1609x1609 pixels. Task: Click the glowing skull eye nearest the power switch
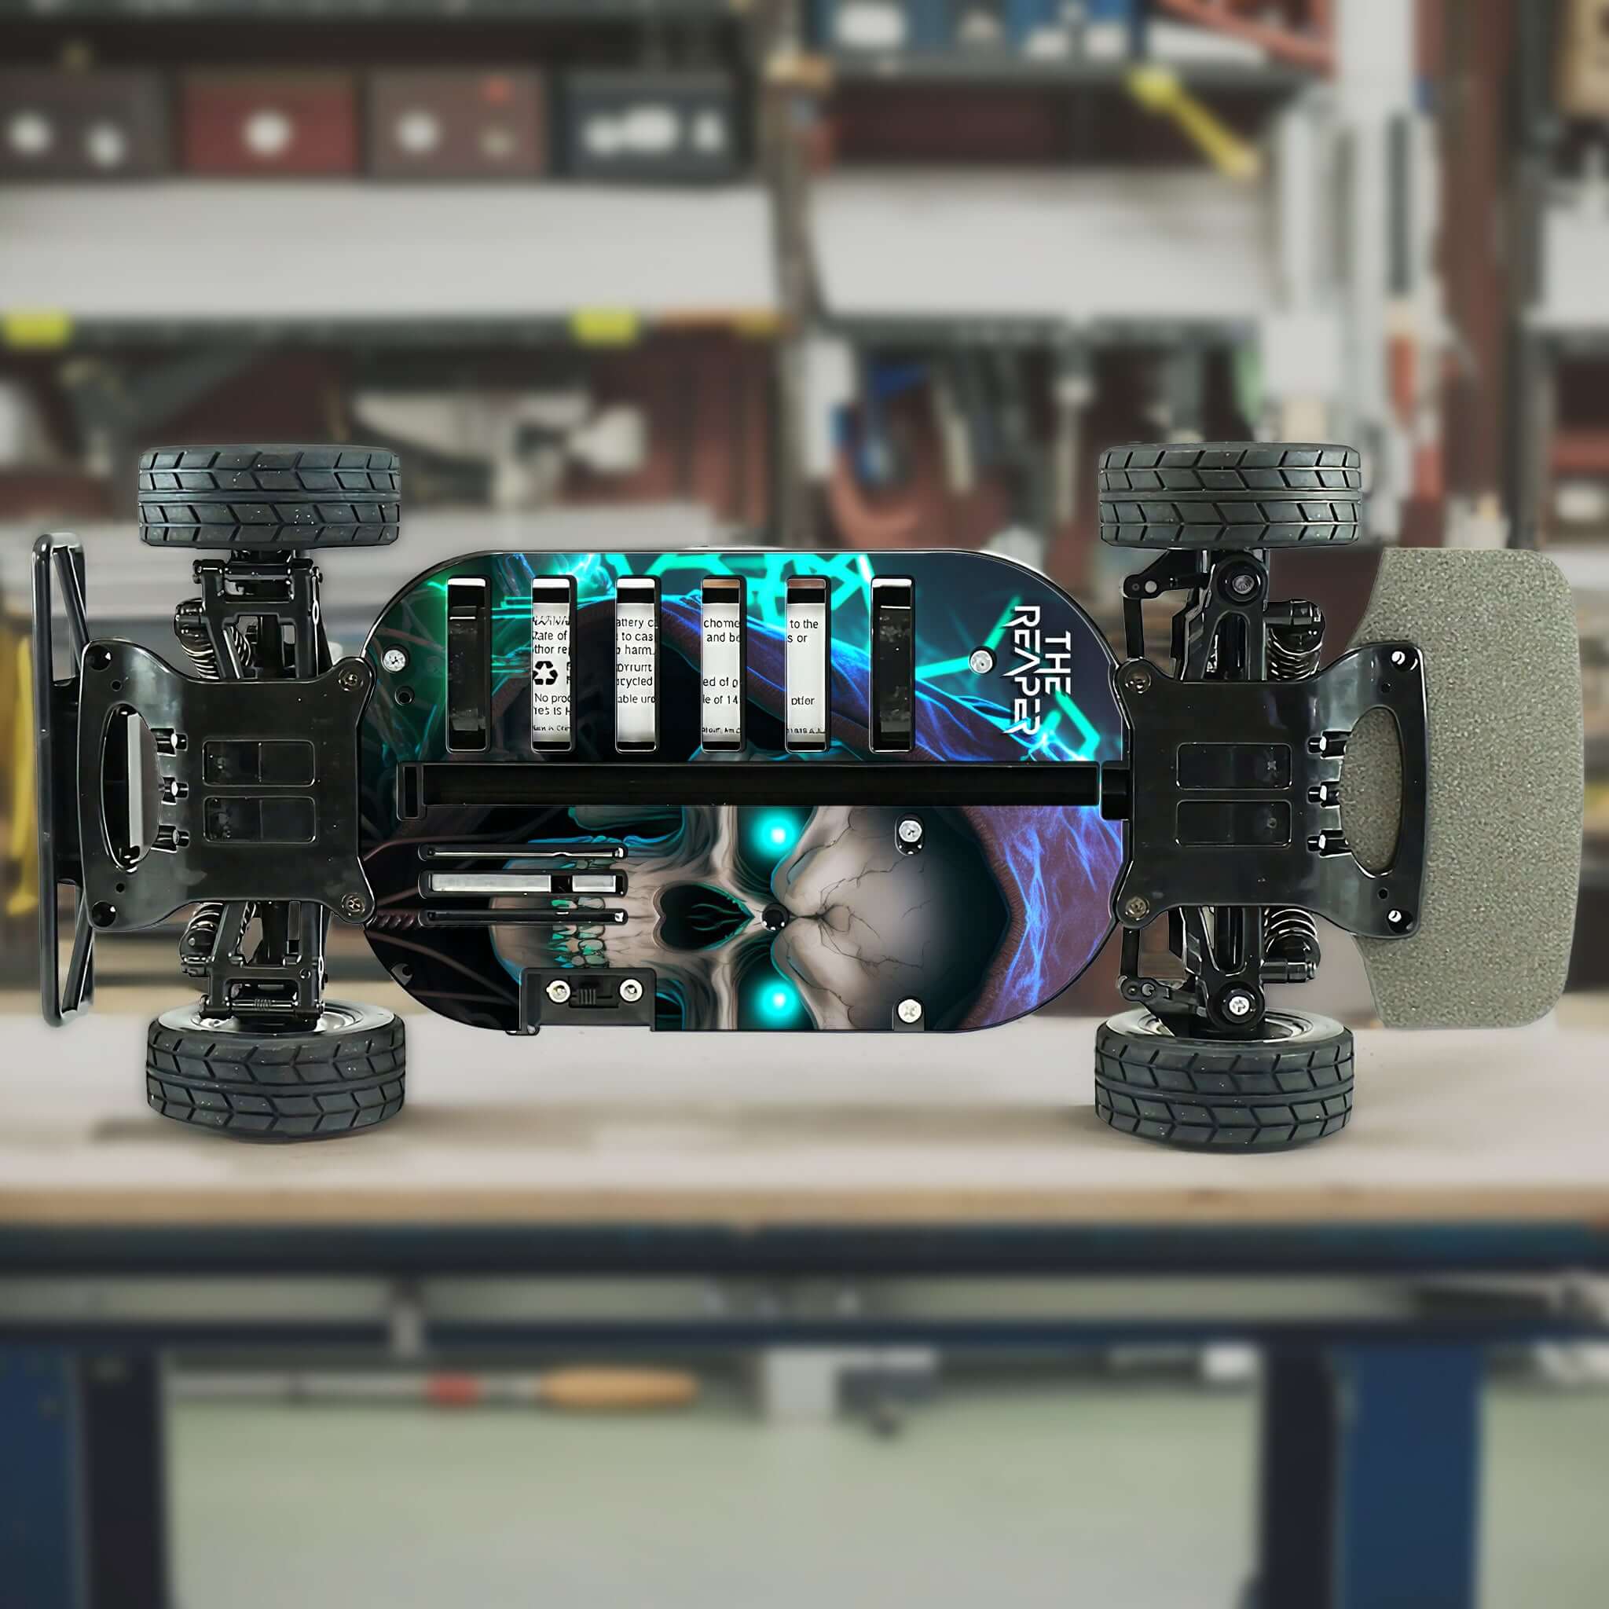pos(777,998)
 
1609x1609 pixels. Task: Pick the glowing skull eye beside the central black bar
pos(777,832)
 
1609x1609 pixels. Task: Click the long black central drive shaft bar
pos(762,785)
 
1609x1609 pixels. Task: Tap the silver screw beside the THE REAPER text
pos(982,662)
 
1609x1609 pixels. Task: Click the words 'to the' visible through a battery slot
pos(804,624)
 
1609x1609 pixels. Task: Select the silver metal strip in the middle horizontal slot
pos(523,883)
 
